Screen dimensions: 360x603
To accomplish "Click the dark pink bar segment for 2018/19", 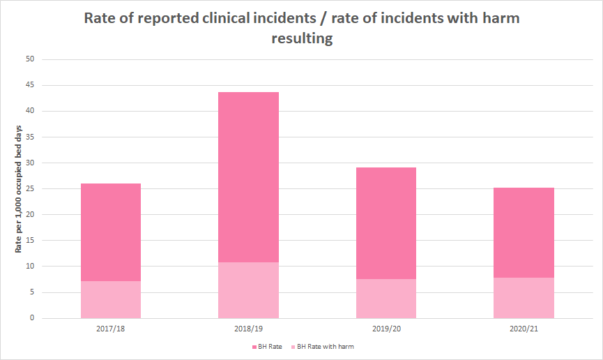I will tap(249, 177).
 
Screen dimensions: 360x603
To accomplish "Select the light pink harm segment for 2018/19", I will tap(249, 290).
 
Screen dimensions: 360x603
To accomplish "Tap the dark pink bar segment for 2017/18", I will tap(111, 232).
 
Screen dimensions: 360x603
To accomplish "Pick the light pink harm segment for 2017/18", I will tap(111, 300).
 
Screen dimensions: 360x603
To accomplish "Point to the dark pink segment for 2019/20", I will tap(386, 223).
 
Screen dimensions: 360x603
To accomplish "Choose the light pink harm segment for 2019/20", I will tap(386, 299).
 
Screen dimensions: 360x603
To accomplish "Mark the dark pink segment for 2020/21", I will tap(524, 233).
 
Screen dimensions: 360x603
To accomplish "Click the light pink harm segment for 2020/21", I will tap(524, 298).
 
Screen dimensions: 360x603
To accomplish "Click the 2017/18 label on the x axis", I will tap(111, 329).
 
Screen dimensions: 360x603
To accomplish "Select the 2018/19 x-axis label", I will tap(249, 329).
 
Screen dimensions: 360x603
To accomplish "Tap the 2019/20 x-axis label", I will tap(386, 329).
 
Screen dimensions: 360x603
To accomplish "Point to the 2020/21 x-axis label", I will tap(524, 329).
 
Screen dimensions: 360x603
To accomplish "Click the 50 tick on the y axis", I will tap(30, 59).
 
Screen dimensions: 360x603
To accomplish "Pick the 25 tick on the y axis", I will tap(30, 189).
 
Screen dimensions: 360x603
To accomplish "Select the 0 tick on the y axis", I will tap(32, 318).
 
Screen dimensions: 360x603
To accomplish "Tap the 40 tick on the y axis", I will tap(30, 111).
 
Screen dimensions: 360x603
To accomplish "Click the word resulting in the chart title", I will tap(301, 39).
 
